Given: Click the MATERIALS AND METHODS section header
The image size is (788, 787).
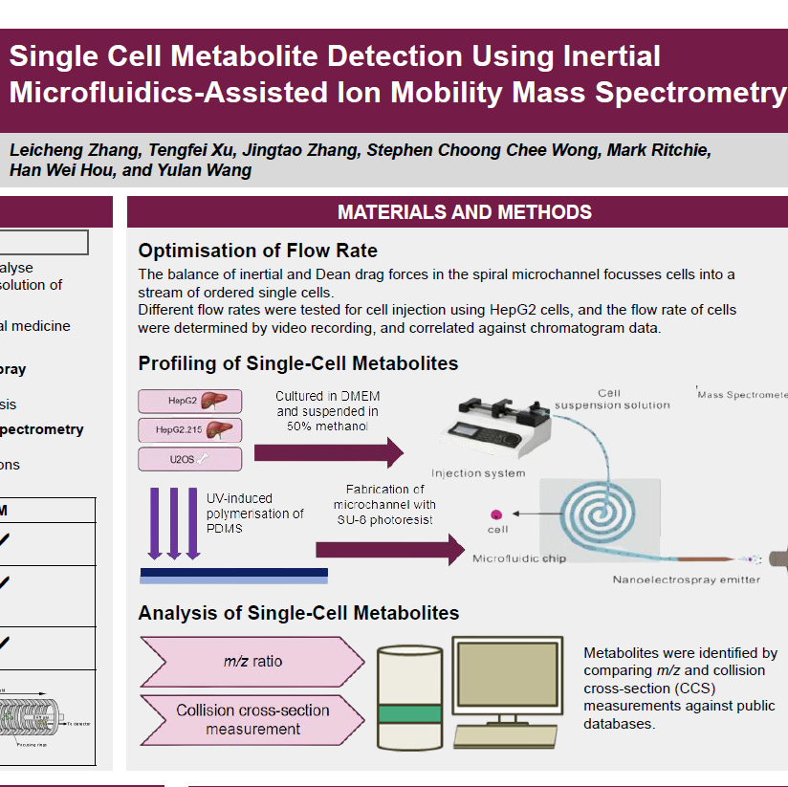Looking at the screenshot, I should pyautogui.click(x=465, y=212).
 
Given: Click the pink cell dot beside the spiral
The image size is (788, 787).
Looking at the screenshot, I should pyautogui.click(x=496, y=514).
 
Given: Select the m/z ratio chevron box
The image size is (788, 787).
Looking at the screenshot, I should pyautogui.click(x=252, y=662).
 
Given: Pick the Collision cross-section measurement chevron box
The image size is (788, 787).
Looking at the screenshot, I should pyautogui.click(x=252, y=720).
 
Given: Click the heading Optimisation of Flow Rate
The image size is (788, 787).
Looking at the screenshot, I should pyautogui.click(x=258, y=251).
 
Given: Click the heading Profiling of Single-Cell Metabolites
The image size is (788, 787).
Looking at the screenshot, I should pyautogui.click(x=297, y=363).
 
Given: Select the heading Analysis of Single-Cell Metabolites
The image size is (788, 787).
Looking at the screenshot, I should pyautogui.click(x=298, y=613).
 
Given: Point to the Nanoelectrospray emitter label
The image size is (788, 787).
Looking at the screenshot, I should pyautogui.click(x=687, y=579).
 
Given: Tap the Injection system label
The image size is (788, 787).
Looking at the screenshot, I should pyautogui.click(x=478, y=473).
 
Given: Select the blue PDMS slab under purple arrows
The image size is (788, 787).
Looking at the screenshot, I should pyautogui.click(x=233, y=574).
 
